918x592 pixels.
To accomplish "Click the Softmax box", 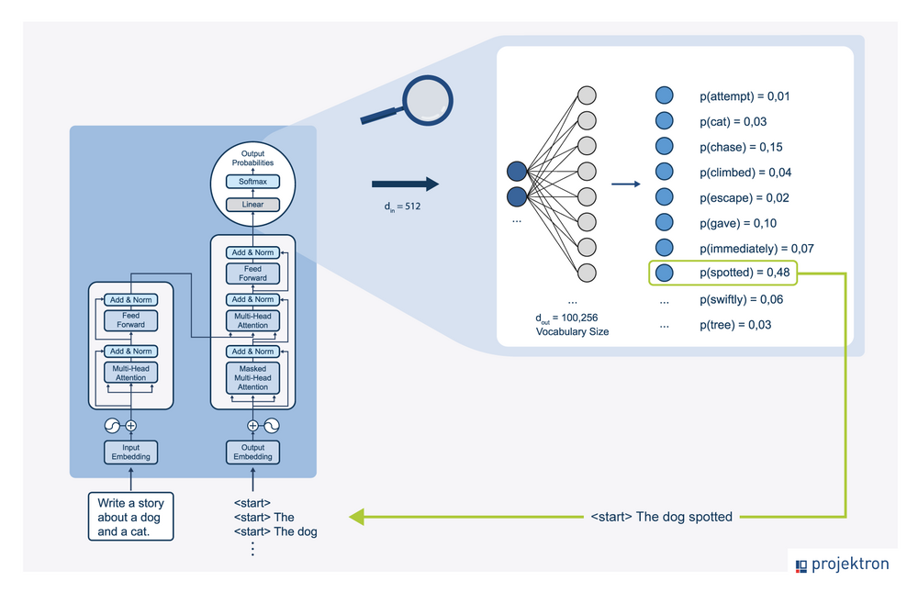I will click(252, 182).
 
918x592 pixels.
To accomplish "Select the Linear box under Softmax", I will click(252, 204).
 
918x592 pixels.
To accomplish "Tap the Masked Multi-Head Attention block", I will click(252, 377).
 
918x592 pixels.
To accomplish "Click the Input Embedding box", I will click(130, 452).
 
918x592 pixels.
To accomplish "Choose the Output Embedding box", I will click(252, 452).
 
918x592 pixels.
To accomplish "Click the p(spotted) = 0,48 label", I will click(744, 273).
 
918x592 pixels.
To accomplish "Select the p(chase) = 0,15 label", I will click(741, 147).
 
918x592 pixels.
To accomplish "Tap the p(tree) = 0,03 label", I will click(735, 325).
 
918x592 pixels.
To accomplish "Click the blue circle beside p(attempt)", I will click(665, 95).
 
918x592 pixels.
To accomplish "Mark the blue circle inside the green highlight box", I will click(665, 273).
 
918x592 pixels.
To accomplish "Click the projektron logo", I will click(842, 564).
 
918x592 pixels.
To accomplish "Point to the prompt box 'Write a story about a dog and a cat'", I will click(130, 518).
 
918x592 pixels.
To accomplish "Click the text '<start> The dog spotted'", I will click(661, 517).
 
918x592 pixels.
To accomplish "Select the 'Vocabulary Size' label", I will click(572, 330).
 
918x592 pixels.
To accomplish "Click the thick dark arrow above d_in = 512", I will click(405, 184).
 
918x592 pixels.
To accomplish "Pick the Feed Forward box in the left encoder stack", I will click(130, 319).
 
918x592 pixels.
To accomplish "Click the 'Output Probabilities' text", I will click(252, 158).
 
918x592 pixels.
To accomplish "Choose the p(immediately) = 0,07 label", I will click(756, 249).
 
